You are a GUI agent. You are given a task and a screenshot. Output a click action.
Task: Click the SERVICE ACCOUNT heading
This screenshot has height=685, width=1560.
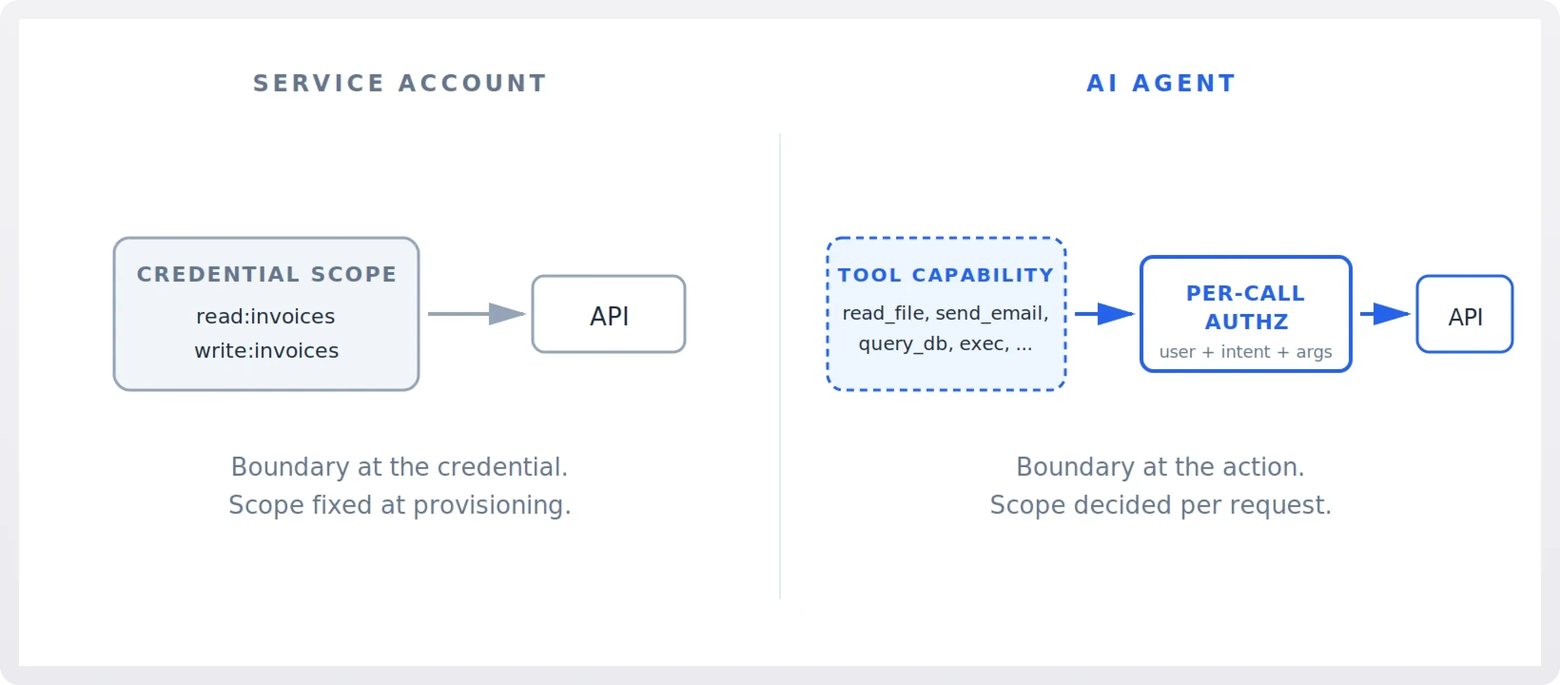coord(400,83)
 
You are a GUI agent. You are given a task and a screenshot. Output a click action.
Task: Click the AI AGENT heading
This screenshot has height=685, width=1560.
coord(1160,83)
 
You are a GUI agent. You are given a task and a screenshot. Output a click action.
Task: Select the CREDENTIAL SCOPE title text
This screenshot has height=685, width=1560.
coord(266,274)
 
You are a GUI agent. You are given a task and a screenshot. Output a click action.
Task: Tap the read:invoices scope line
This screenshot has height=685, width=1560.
coord(265,316)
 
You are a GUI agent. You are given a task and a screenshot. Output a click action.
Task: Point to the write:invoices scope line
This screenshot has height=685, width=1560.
coord(266,351)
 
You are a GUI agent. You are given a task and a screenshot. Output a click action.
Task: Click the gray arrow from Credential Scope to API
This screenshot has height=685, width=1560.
coord(476,314)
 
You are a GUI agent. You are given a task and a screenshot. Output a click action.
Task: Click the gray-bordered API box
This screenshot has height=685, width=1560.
coord(609,314)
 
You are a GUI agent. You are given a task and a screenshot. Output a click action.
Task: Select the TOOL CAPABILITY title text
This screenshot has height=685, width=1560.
coord(946,275)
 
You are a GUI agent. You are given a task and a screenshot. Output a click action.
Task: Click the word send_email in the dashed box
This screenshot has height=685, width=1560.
coord(991,313)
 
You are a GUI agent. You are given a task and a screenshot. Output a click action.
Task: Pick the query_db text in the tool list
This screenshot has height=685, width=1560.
coord(902,343)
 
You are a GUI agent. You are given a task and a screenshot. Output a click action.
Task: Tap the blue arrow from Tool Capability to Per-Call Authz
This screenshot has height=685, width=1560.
coord(1103,314)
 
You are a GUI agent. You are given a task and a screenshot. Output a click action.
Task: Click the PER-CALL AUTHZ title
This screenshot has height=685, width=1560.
coord(1246,307)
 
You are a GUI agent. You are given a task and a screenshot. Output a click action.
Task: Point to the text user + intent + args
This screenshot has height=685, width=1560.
coord(1245,352)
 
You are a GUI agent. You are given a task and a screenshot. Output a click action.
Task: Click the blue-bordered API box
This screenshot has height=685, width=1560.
coord(1464,314)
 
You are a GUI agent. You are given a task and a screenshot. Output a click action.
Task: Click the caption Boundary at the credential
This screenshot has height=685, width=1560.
coord(399,467)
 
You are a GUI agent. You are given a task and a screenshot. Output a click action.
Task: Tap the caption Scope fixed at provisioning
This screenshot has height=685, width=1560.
coord(399,505)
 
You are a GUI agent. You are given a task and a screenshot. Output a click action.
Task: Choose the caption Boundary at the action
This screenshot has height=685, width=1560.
coord(1160,467)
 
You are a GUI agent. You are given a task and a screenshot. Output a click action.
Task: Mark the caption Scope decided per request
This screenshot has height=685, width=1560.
coord(1160,505)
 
